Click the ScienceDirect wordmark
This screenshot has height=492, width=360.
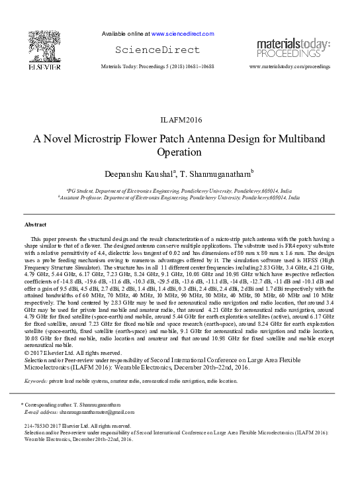click(157, 50)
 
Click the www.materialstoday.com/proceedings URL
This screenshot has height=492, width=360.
click(289, 68)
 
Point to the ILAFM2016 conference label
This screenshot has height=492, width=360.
click(180, 121)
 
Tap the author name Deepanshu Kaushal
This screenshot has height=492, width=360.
click(138, 173)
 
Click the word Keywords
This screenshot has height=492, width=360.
click(35, 381)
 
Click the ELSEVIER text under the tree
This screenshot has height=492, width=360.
click(45, 67)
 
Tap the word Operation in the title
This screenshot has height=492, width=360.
click(179, 153)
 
